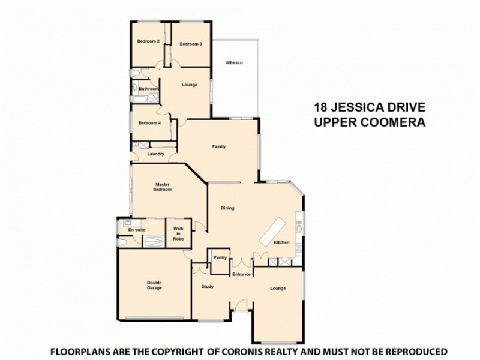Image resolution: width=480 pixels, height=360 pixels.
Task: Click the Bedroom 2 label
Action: [148, 41]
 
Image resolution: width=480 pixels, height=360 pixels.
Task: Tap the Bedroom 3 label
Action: [191, 44]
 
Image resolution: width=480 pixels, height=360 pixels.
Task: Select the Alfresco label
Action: [233, 63]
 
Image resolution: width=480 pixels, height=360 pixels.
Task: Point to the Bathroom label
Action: [148, 89]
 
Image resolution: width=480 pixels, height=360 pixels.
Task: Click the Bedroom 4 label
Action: [149, 123]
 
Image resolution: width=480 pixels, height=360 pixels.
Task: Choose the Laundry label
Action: [155, 154]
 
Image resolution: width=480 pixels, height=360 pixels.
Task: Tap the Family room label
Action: [218, 146]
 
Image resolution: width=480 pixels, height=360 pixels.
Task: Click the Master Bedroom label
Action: [163, 187]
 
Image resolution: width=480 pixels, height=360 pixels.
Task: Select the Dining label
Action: [227, 209]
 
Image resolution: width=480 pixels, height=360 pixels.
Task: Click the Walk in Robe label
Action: [178, 233]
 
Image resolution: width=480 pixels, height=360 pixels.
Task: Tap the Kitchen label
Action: [282, 242]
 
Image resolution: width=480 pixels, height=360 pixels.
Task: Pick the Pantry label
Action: [220, 258]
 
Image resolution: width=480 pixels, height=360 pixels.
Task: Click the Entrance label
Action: [241, 274]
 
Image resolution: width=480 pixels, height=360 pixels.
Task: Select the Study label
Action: [208, 287]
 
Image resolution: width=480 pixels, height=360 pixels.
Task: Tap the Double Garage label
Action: [154, 286]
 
